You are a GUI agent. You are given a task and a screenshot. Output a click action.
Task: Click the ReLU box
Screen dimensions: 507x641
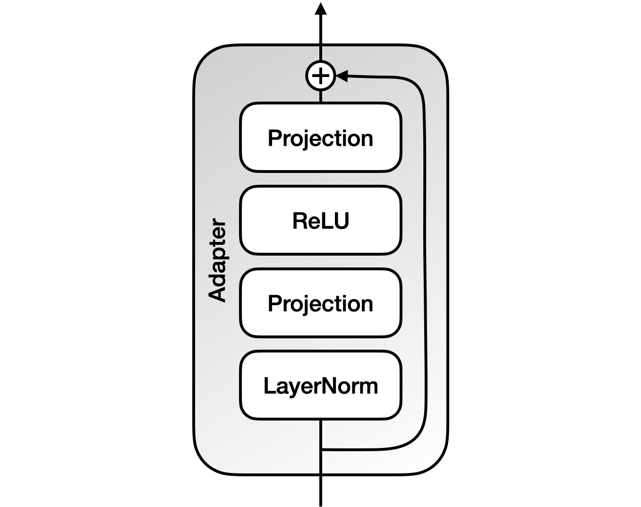(x=320, y=220)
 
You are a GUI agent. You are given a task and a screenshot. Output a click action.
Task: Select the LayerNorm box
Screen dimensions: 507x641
(x=320, y=386)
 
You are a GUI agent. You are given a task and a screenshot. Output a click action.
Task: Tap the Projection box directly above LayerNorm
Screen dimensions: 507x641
(x=320, y=303)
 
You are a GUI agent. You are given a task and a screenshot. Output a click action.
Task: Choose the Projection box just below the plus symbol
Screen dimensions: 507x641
(x=320, y=137)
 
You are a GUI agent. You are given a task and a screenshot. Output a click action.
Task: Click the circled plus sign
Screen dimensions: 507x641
(x=321, y=76)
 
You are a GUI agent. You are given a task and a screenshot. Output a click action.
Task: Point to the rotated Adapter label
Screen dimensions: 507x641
(x=218, y=259)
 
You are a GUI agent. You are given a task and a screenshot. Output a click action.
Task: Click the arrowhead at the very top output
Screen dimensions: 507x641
(x=321, y=9)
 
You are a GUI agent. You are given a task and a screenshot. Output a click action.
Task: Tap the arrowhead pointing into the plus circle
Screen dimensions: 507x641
(x=341, y=76)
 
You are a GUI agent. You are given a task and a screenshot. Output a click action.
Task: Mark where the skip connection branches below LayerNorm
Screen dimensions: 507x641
(x=321, y=449)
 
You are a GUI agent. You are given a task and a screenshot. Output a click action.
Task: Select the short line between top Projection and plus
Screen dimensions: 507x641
(x=321, y=96)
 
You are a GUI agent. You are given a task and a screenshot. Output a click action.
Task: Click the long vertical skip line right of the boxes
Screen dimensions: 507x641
(x=425, y=260)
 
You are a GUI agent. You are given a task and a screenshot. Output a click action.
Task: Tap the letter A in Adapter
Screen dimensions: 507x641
(x=218, y=294)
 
